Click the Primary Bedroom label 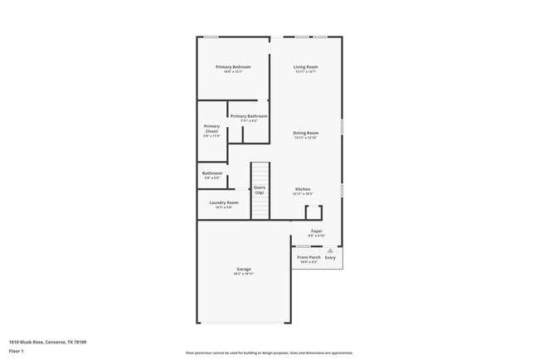coord(233,66)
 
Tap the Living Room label coord(306,66)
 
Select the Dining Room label coord(306,133)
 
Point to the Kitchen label coord(303,189)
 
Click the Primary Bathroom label coord(249,116)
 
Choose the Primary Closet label coord(211,129)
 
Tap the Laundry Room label coord(224,202)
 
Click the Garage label coord(244,269)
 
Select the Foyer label coord(317,231)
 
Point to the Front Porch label coord(308,257)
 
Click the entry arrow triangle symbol coord(330,250)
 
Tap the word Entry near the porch coord(331,257)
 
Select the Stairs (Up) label coord(260,190)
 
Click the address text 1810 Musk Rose coord(47,342)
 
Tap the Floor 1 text coord(16,351)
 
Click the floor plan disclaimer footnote coord(269,353)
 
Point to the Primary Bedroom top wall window coord(212,36)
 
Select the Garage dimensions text coord(244,274)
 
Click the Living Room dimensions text coord(306,71)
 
